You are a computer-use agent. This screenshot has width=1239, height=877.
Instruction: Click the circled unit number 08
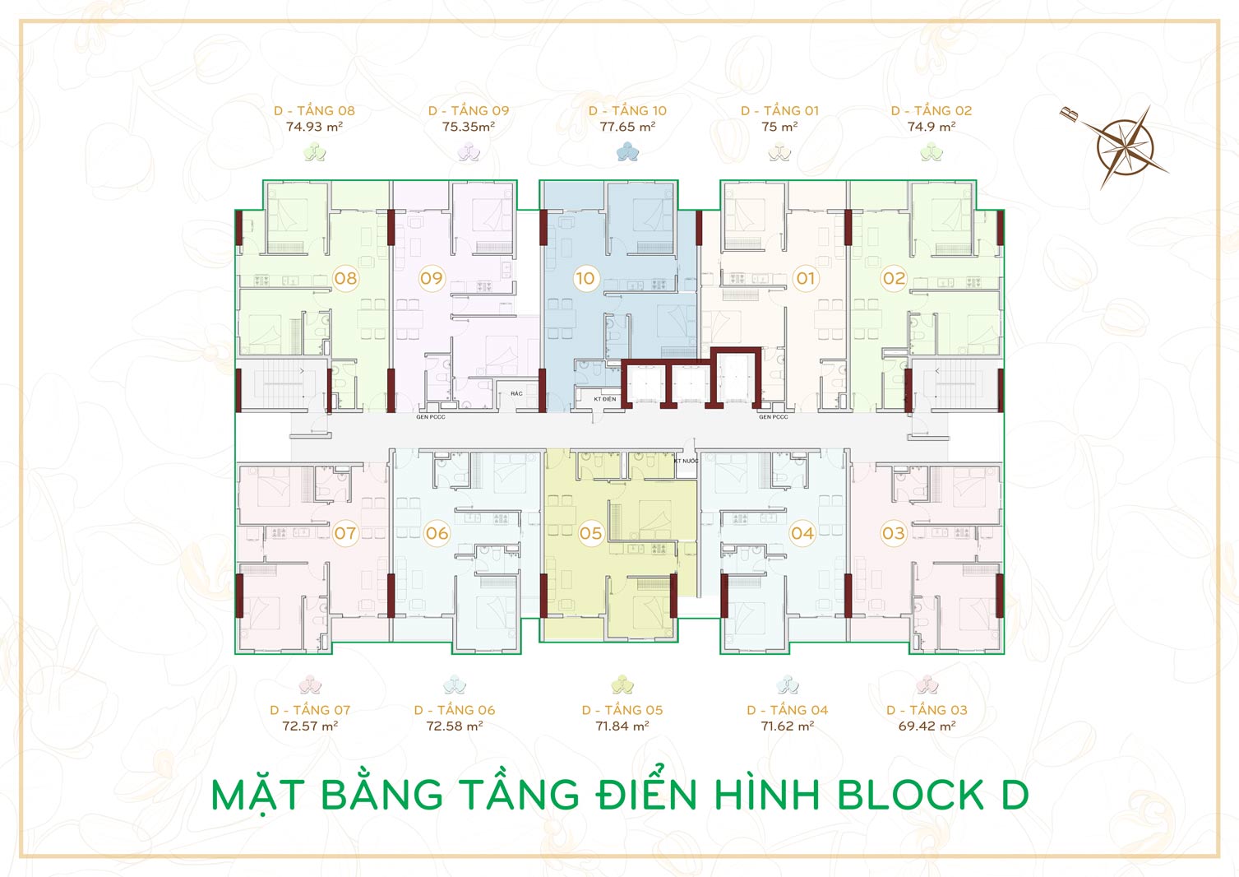tap(345, 278)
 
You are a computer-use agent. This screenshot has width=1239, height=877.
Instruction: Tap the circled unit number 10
tap(585, 278)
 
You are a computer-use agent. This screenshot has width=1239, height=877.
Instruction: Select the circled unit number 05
tap(590, 533)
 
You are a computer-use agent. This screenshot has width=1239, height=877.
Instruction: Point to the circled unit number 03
tap(894, 533)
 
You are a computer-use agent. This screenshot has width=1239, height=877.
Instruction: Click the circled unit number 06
tap(437, 533)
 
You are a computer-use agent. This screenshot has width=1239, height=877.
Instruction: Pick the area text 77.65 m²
tap(628, 127)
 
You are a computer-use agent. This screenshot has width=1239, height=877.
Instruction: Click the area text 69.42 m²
tap(927, 726)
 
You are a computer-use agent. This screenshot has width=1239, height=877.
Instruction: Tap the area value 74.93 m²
tap(314, 127)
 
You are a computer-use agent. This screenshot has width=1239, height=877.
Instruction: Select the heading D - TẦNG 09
tap(469, 111)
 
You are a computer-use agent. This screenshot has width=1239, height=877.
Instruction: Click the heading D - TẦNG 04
tap(788, 710)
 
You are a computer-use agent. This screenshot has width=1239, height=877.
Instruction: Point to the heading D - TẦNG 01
tap(779, 111)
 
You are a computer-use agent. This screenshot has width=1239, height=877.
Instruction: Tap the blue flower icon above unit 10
tap(627, 151)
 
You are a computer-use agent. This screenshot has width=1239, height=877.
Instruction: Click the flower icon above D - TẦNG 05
tap(622, 684)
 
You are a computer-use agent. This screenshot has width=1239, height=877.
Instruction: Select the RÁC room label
tap(516, 393)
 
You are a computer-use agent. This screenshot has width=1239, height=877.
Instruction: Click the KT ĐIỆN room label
tap(604, 399)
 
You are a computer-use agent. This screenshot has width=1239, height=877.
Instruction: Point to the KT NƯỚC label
tap(686, 461)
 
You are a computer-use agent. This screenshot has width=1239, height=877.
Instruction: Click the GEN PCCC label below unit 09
tap(430, 417)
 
